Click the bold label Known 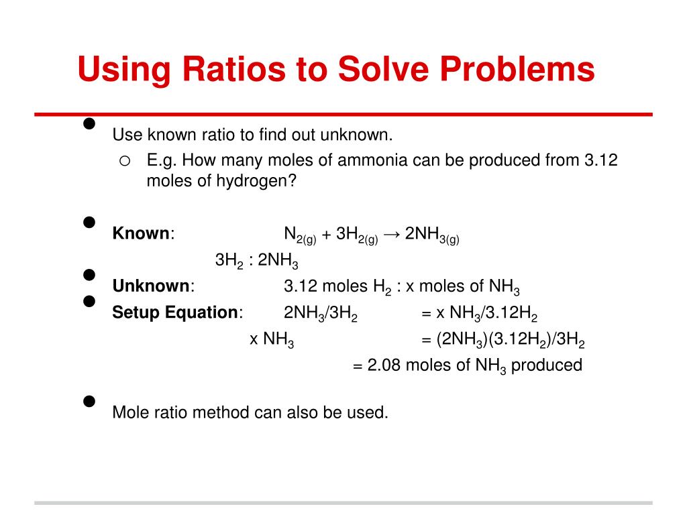[x=141, y=233]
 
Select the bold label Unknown [x=151, y=286]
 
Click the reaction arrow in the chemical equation [x=392, y=233]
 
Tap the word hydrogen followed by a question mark [x=255, y=182]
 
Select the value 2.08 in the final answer [x=384, y=365]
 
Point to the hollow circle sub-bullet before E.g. [x=125, y=160]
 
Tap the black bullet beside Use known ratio [x=88, y=124]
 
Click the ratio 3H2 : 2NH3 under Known [x=256, y=261]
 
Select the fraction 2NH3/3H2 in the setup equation [x=320, y=313]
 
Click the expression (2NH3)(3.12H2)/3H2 [x=511, y=340]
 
